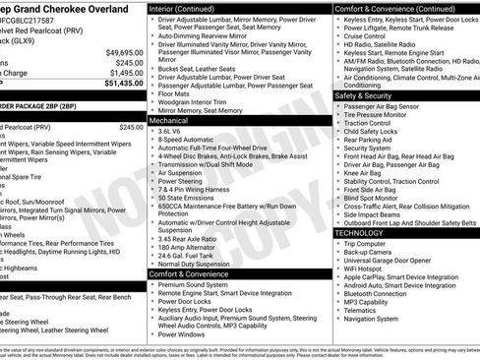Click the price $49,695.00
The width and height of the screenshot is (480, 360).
(x=125, y=51)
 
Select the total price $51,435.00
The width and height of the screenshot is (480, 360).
(x=124, y=84)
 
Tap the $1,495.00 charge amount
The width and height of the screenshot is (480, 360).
(x=127, y=73)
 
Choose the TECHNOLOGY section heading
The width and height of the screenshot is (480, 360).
(x=361, y=232)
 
